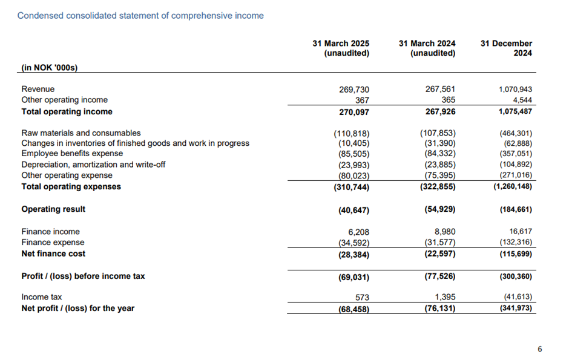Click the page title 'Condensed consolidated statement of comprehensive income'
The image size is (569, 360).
(x=140, y=16)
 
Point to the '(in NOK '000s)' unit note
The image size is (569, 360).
(x=50, y=67)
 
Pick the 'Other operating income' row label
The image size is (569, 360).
(x=64, y=100)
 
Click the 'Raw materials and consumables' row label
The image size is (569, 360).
(x=81, y=133)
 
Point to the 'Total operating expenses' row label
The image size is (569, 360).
(x=71, y=186)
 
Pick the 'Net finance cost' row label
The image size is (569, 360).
(x=53, y=254)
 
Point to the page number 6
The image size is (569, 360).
(x=540, y=349)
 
